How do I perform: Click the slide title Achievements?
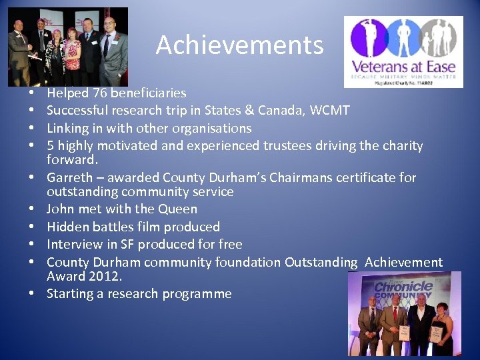(239, 45)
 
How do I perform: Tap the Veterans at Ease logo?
(403, 52)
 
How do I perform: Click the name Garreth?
(69, 178)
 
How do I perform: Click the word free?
(230, 244)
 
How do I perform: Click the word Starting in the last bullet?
(70, 293)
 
